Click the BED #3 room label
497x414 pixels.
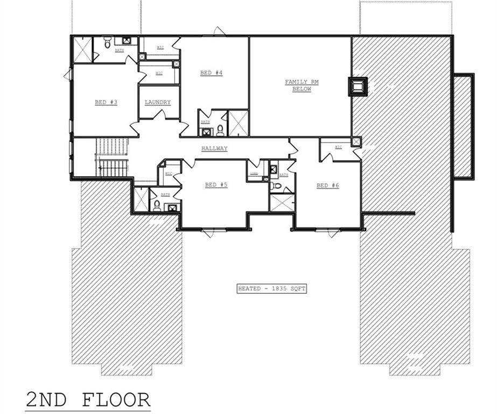106,102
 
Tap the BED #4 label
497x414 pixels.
211,73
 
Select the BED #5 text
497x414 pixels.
216,185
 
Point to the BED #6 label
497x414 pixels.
327,185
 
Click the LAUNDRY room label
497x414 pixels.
158,102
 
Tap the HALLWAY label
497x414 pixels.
214,149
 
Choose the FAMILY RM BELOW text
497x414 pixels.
302,85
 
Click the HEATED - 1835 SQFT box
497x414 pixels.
271,289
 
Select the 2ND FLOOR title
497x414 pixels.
88,400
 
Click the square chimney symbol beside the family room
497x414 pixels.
358,86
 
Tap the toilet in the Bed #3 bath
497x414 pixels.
107,42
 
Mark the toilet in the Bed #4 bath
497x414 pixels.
220,130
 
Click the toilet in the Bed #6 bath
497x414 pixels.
277,186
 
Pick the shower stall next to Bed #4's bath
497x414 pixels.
238,123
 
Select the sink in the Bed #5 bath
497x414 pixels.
172,207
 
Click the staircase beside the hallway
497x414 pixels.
112,157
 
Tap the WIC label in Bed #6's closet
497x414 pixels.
338,147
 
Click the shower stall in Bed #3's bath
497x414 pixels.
82,50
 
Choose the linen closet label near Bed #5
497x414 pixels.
254,174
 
